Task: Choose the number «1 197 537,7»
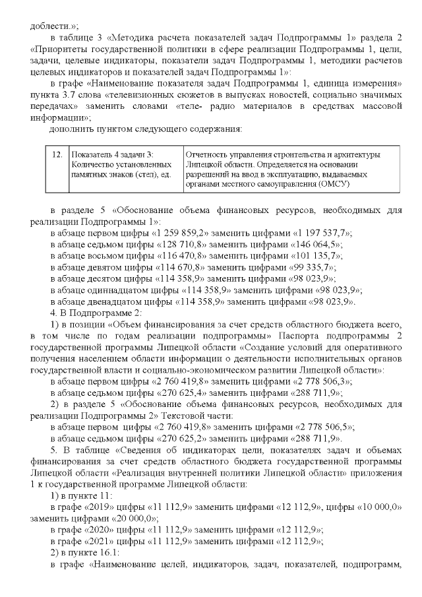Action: click(x=317, y=235)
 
